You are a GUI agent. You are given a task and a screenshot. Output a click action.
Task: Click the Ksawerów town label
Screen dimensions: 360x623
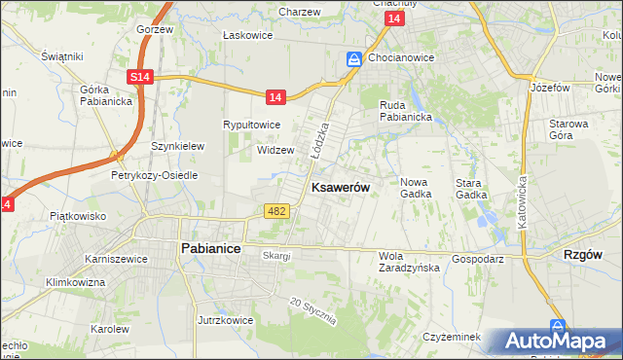click(339, 187)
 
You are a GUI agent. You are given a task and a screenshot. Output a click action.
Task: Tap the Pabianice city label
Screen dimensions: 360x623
click(210, 248)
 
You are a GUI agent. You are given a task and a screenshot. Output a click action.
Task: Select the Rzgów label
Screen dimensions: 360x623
click(584, 254)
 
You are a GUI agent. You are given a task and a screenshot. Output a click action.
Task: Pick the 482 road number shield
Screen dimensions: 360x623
click(275, 211)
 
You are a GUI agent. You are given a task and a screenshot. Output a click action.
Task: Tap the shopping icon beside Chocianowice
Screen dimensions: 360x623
click(354, 59)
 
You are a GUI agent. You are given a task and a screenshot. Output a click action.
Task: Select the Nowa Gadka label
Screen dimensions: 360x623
click(416, 187)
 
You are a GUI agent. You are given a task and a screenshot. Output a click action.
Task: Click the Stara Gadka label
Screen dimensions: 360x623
click(471, 188)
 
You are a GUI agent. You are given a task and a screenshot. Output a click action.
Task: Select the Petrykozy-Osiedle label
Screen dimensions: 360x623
click(154, 176)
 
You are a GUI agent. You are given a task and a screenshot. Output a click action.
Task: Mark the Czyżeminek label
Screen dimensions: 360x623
click(453, 336)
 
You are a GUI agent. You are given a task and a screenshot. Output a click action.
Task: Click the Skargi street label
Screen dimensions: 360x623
click(276, 255)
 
